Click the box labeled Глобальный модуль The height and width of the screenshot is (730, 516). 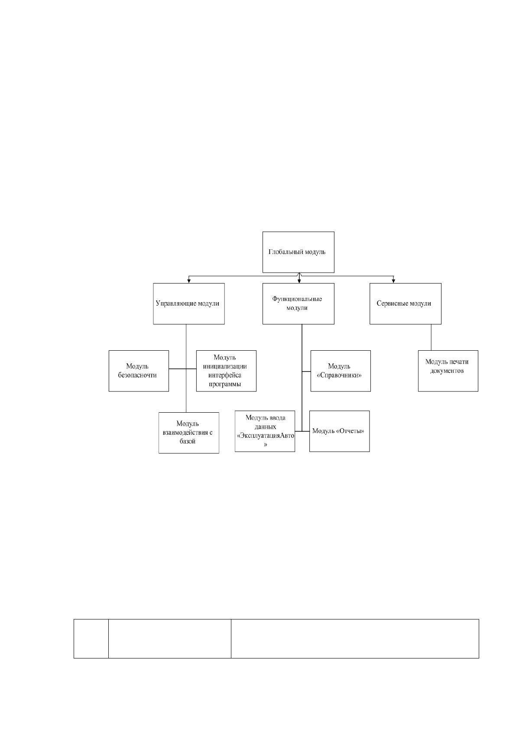298,252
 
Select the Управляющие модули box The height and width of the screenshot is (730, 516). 188,303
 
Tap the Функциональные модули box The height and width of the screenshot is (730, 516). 298,303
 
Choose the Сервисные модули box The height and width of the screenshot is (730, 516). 405,303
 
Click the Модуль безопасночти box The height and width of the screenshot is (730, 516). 139,371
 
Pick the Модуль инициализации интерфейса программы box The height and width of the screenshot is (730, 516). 226,371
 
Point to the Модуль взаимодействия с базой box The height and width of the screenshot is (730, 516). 188,433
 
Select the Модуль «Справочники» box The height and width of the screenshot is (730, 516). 341,371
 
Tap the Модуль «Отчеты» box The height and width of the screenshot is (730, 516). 339,431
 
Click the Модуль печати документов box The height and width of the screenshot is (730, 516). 448,371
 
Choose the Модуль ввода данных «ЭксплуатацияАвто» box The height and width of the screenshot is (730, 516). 265,431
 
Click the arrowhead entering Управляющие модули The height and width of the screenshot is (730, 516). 188,281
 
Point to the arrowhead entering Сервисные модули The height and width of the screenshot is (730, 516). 393,281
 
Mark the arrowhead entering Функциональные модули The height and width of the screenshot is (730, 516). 299,281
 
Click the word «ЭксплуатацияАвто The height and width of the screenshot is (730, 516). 266,436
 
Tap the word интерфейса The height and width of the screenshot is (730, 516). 225,375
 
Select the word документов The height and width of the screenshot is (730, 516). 447,371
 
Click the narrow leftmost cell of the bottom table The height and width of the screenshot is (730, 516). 91,639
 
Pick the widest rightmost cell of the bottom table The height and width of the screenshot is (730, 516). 355,639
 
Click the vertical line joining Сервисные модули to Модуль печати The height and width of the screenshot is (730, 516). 432,337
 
